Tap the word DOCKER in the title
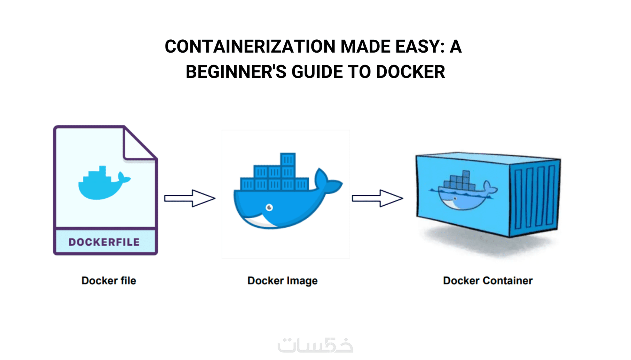tap(410, 72)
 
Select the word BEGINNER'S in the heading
tap(236, 72)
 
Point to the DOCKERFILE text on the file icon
tap(104, 242)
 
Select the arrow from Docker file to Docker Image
tap(190, 198)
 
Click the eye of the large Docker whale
tap(269, 207)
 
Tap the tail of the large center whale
tap(327, 182)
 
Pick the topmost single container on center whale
tap(288, 160)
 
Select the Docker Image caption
tap(282, 281)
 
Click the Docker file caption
tap(109, 281)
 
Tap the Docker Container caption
tap(488, 281)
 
